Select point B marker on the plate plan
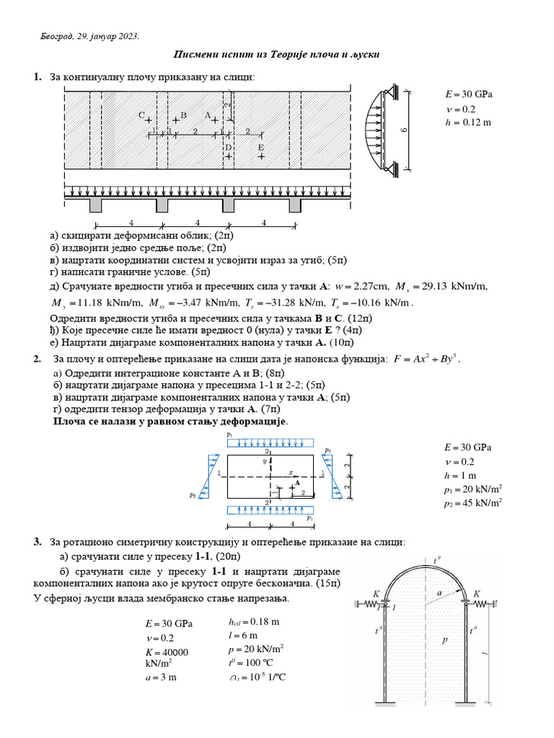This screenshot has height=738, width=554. pyautogui.click(x=175, y=120)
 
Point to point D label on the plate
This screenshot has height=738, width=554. pyautogui.click(x=228, y=147)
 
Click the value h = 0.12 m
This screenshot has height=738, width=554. pyautogui.click(x=469, y=123)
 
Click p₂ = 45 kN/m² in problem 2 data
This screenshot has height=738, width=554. pyautogui.click(x=472, y=504)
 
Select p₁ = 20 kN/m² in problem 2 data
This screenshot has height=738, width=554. pyautogui.click(x=472, y=490)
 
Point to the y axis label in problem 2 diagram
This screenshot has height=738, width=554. pyautogui.click(x=265, y=460)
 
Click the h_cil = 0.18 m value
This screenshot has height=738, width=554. pyautogui.click(x=253, y=621)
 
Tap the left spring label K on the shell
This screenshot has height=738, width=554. pyautogui.click(x=377, y=594)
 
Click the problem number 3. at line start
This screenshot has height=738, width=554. pyautogui.click(x=38, y=541)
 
